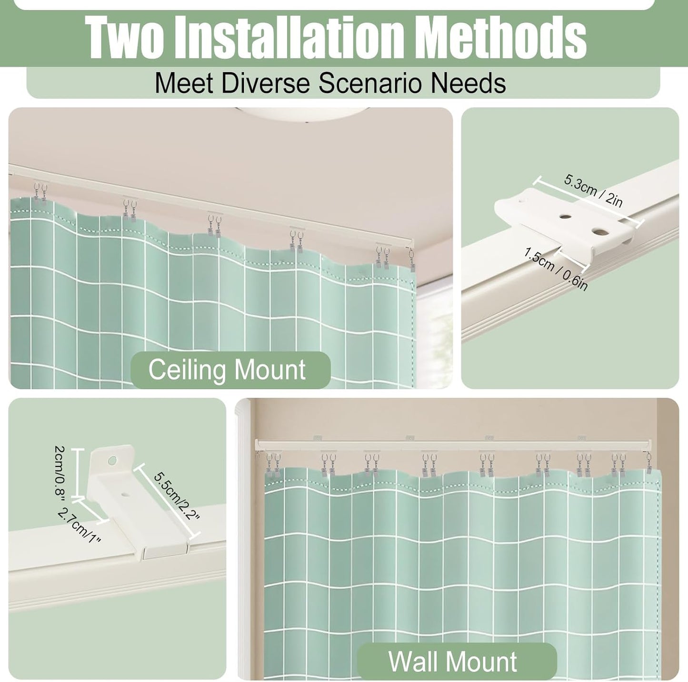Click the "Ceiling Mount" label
point(227,370)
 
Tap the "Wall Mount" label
point(452,662)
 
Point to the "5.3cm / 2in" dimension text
point(593,190)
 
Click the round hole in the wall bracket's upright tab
point(112,461)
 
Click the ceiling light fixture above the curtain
point(305,114)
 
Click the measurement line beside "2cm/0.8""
point(78,473)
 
